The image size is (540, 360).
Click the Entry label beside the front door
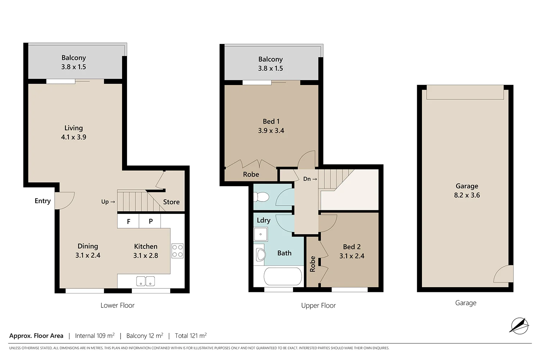(42, 201)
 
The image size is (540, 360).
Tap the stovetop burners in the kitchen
(177, 251)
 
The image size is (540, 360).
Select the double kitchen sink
(145, 281)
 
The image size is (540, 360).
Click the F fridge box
(128, 221)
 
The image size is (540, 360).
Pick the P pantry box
(150, 221)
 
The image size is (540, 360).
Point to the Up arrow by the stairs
(108, 202)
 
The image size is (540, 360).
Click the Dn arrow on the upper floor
(310, 179)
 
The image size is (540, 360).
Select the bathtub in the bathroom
(283, 277)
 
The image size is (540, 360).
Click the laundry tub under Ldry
(260, 234)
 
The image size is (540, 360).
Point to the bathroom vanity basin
(260, 255)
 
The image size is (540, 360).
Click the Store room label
(171, 202)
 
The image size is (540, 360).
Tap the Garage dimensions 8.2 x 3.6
(467, 195)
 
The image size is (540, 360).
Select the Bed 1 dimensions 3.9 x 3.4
(271, 131)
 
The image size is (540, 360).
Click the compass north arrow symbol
(519, 325)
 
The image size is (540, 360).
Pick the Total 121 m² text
(191, 336)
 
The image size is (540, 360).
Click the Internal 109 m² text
(95, 336)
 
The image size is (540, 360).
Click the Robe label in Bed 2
(312, 264)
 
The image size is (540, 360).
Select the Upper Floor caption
(318, 306)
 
